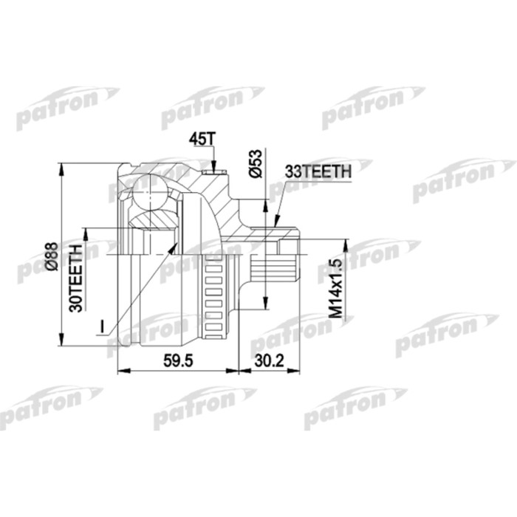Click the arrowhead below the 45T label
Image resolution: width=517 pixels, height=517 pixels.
(x=212, y=171)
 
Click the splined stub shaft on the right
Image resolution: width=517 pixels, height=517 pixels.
(x=281, y=262)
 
